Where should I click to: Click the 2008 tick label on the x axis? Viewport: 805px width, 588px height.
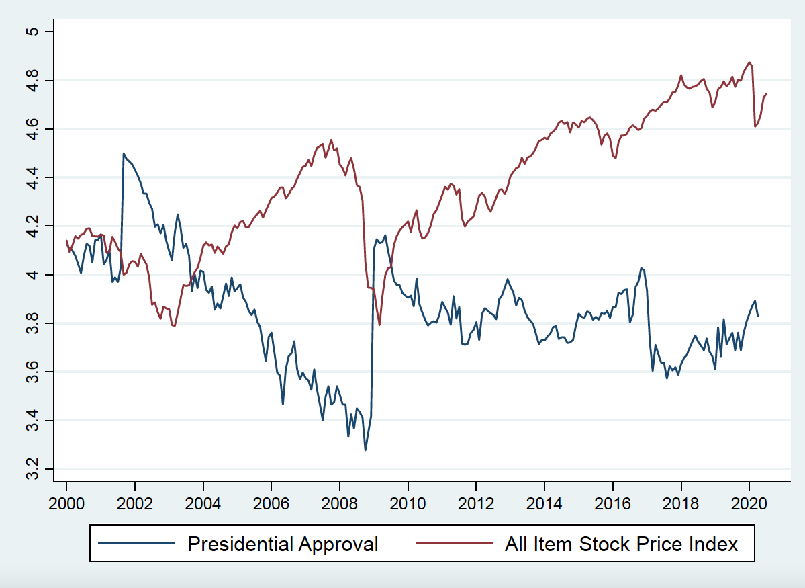pos(340,503)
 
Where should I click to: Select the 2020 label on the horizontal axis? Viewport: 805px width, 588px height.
pos(749,503)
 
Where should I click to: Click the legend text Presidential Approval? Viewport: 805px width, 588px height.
pos(283,543)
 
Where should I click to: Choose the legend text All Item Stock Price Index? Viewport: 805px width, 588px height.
pos(621,543)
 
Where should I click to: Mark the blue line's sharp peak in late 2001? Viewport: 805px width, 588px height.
pos(124,153)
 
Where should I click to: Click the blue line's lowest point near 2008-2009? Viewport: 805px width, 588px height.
pos(365,450)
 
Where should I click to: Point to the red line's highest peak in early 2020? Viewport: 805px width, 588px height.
pos(749,62)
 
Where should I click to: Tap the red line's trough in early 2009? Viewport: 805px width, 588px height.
pos(380,325)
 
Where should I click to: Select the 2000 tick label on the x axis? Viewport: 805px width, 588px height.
pos(66,503)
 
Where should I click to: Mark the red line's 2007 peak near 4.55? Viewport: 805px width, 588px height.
pos(331,140)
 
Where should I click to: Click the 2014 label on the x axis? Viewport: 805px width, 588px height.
pos(544,503)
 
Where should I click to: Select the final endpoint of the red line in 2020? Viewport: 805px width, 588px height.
pos(767,93)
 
